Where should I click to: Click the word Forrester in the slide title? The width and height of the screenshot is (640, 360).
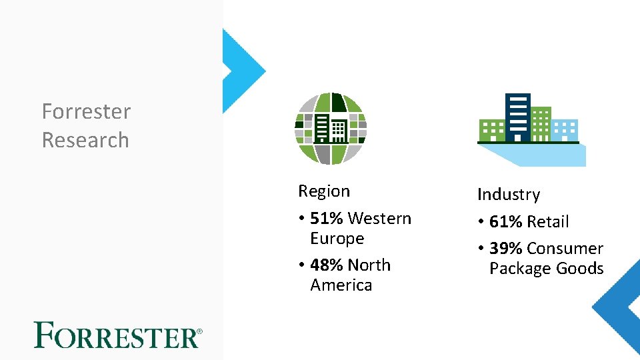[86, 111]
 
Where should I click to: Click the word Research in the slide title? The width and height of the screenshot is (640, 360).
[85, 140]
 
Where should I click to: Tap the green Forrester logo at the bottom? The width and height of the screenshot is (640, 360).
[117, 335]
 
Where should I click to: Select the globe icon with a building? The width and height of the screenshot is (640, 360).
[331, 129]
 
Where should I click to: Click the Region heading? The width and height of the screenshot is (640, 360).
[324, 191]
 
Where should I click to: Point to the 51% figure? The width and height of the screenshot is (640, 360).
[327, 218]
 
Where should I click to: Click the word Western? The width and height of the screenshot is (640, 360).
[380, 218]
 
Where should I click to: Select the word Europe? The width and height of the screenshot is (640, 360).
[337, 238]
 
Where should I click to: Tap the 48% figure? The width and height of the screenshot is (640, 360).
[327, 265]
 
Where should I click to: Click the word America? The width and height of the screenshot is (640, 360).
[341, 285]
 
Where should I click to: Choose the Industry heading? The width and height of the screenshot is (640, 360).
[508, 195]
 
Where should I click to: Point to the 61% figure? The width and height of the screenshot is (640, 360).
[506, 221]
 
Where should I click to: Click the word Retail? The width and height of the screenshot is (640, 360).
[548, 221]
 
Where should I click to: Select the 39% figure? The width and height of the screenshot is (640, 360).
[506, 249]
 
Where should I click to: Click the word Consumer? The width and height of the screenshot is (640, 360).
[565, 249]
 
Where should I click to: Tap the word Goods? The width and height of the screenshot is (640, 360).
[581, 269]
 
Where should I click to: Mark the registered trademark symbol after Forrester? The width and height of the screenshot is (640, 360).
[199, 331]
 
